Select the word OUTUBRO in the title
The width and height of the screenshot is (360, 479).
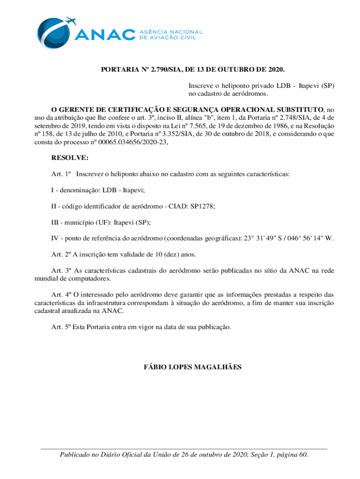point(235,70)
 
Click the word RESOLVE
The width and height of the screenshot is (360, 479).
point(67,159)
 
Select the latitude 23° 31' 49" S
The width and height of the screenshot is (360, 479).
point(263,239)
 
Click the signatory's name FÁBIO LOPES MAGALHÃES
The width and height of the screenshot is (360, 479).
point(192,367)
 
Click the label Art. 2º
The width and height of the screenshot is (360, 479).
point(60,254)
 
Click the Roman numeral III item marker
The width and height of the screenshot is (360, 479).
point(56,222)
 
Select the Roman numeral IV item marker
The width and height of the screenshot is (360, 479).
point(56,239)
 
